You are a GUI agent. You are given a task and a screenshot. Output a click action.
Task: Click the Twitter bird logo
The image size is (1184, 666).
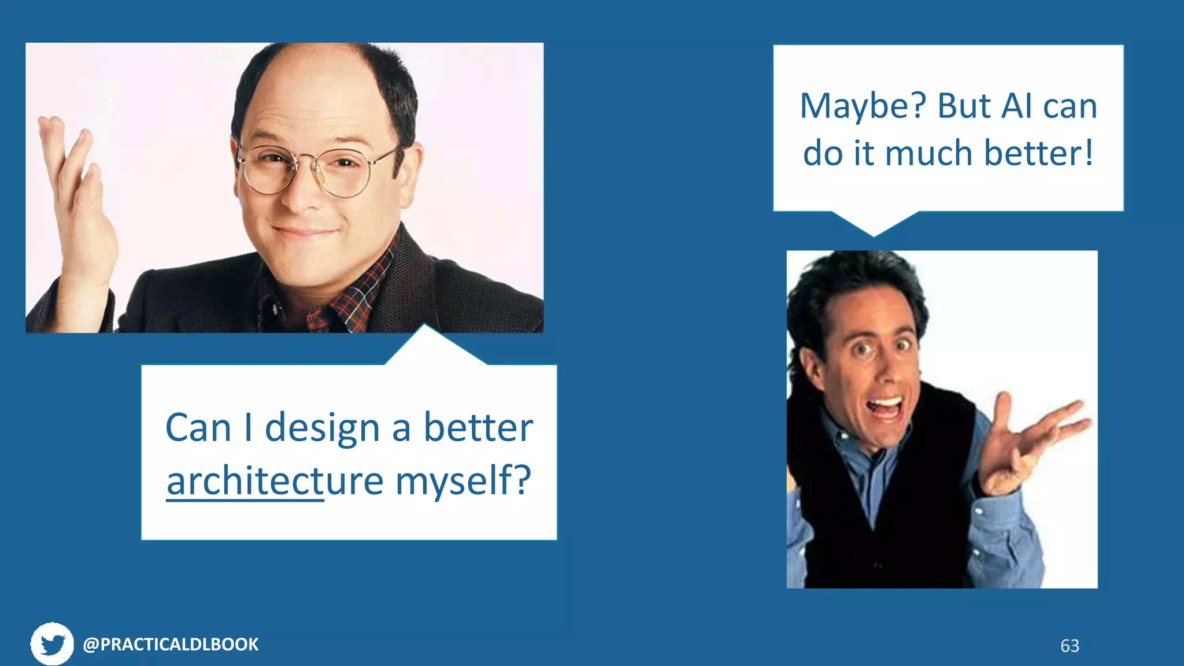52,644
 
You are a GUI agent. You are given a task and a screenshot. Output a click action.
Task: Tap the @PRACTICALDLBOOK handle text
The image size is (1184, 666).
171,645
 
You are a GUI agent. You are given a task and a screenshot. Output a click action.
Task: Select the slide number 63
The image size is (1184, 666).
1070,646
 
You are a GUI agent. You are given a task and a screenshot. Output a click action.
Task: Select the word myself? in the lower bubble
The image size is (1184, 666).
462,481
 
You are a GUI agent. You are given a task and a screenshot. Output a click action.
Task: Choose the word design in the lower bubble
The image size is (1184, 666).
322,428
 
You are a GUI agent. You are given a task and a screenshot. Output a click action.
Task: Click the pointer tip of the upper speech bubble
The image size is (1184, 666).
874,235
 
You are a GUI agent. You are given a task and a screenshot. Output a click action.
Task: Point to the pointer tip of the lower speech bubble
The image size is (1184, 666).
424,327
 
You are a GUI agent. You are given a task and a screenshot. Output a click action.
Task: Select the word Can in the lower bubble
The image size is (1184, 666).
198,428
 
